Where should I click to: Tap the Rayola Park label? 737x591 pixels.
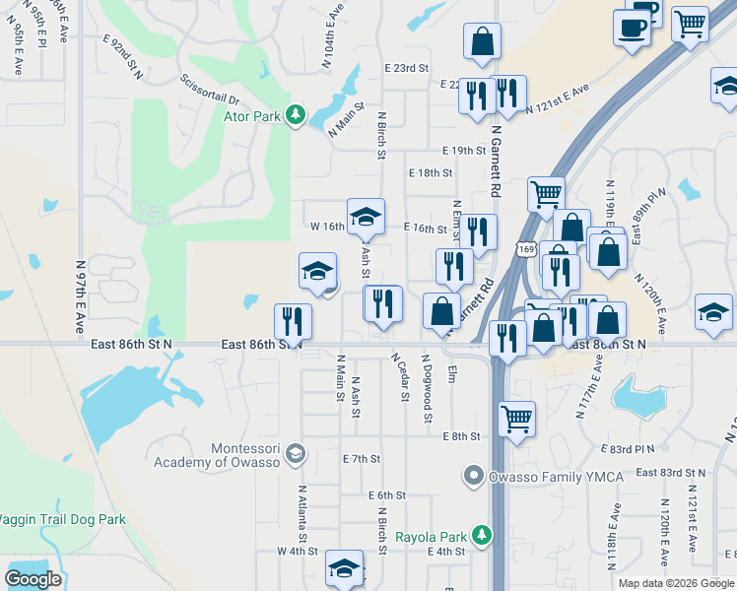(x=429, y=538)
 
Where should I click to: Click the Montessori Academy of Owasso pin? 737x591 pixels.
(x=295, y=454)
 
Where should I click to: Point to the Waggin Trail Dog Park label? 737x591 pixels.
(x=61, y=519)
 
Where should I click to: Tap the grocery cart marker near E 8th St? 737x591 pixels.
(x=516, y=419)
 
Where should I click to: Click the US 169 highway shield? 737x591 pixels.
(x=528, y=251)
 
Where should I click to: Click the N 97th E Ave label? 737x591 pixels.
(x=81, y=295)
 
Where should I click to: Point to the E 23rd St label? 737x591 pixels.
(x=407, y=68)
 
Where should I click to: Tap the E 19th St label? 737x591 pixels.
(x=463, y=151)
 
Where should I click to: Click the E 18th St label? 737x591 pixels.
(x=430, y=172)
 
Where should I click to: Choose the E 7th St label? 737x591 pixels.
(x=361, y=459)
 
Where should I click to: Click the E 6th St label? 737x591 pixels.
(x=387, y=495)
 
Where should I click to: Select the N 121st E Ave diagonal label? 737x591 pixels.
(x=557, y=101)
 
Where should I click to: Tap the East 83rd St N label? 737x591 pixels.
(x=670, y=473)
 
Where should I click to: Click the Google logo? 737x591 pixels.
(x=33, y=578)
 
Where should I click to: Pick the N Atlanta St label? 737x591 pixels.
(x=302, y=513)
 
